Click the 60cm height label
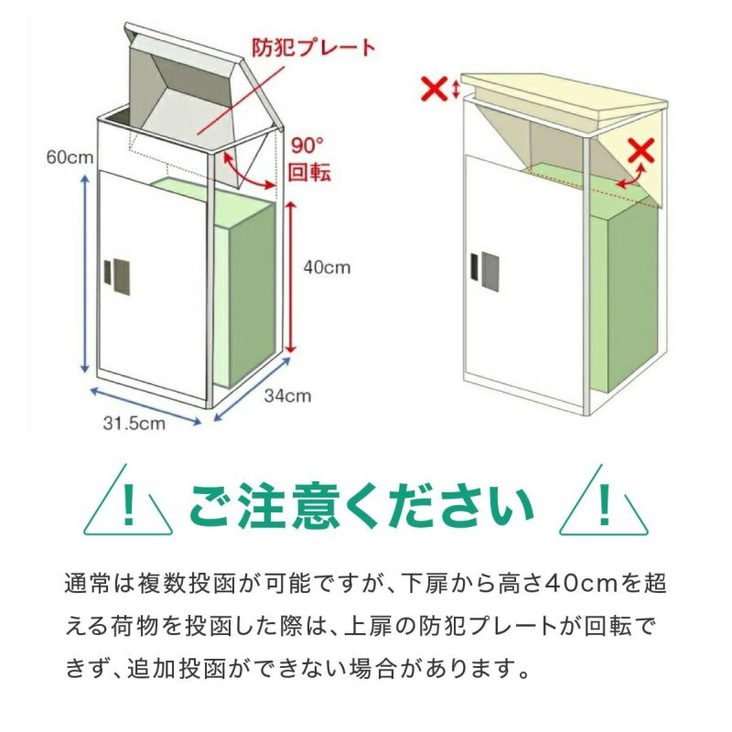(x=70, y=156)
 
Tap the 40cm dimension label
(x=327, y=267)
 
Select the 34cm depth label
(x=287, y=395)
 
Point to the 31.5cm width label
(x=134, y=423)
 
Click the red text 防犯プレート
(x=314, y=48)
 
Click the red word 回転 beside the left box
(x=309, y=173)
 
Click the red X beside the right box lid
(x=434, y=89)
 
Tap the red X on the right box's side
(x=642, y=151)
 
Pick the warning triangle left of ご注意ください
(x=128, y=500)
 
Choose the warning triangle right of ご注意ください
(x=604, y=500)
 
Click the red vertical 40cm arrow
(x=291, y=277)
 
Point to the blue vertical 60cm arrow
(x=84, y=274)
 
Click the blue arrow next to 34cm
(x=252, y=390)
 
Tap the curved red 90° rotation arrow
(x=246, y=174)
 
